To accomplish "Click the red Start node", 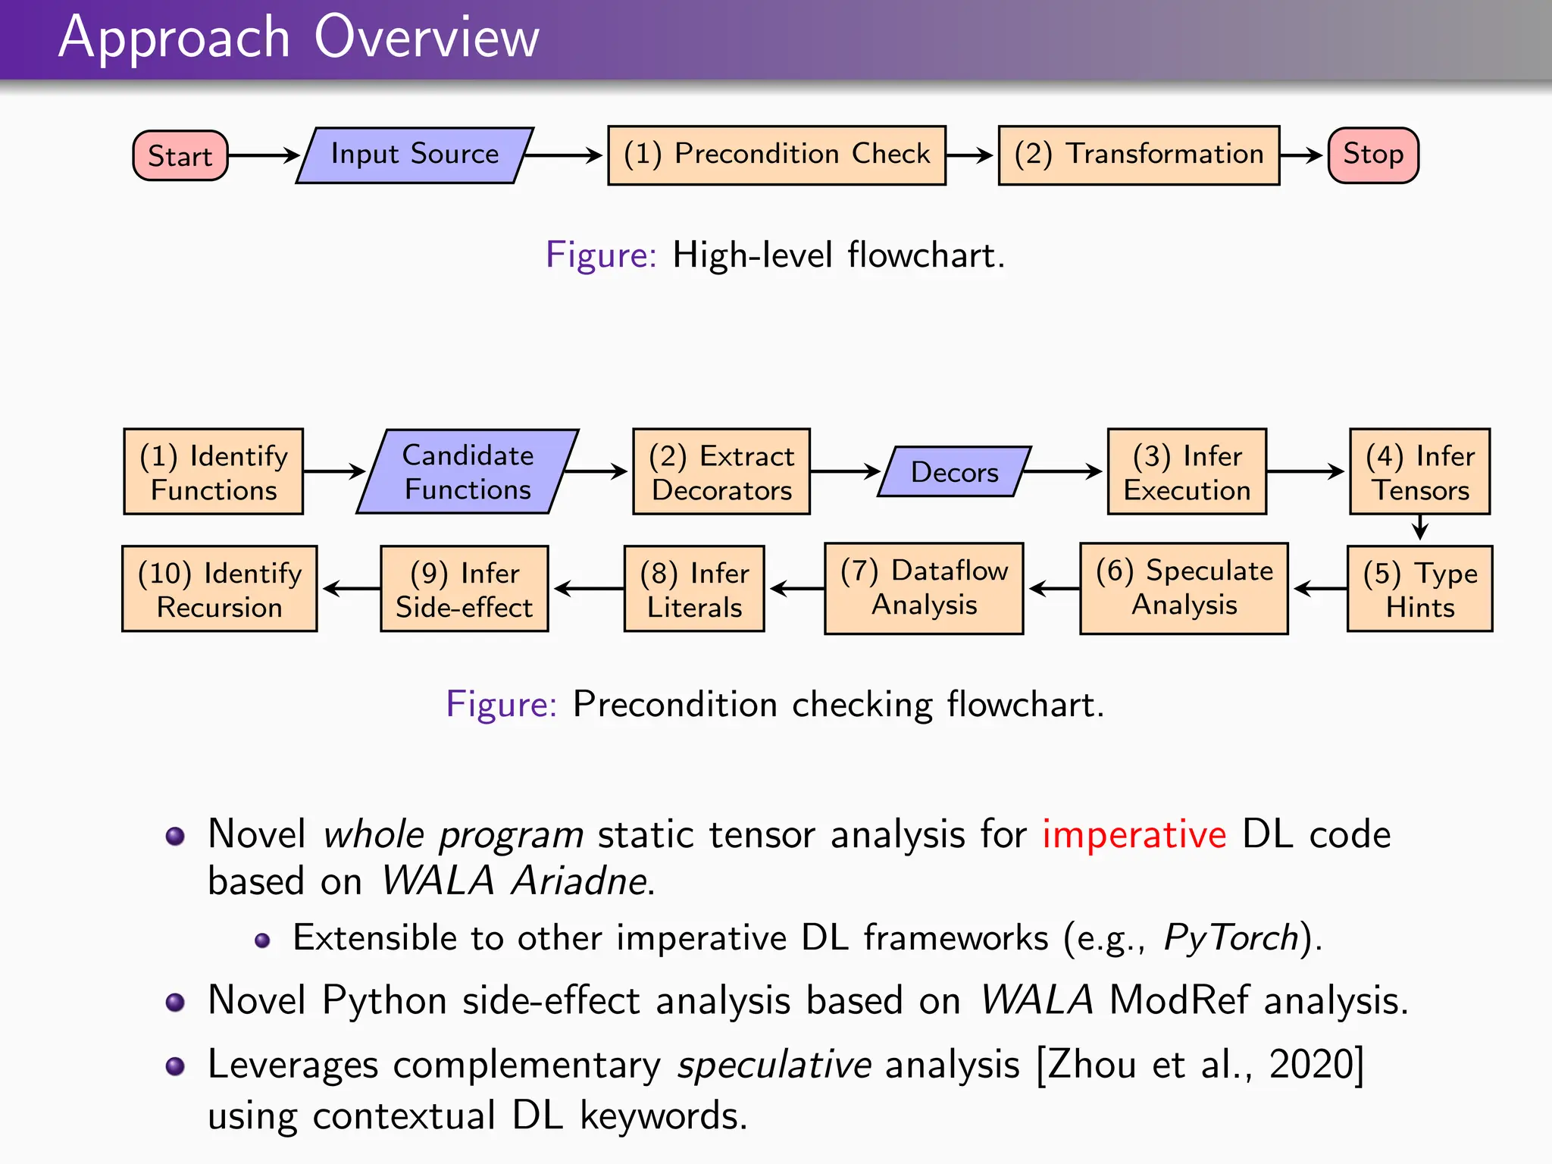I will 180,156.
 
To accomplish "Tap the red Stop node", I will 1372,155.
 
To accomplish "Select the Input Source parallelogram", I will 415,155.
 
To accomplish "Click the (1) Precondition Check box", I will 776,155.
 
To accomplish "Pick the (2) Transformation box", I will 1138,155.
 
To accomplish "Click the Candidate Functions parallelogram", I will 468,471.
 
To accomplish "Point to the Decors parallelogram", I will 954,471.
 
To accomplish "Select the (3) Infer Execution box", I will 1187,471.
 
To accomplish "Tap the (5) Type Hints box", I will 1419,589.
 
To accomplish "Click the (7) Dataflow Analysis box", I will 924,588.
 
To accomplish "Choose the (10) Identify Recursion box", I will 220,589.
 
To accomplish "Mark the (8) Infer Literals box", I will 694,589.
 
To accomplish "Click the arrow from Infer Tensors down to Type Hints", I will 1420,527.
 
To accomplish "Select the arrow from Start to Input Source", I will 263,155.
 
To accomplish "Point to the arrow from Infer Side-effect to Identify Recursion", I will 350,588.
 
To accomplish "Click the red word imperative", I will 1134,834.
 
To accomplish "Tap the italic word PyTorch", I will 1231,938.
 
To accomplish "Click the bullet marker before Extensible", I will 262,940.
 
